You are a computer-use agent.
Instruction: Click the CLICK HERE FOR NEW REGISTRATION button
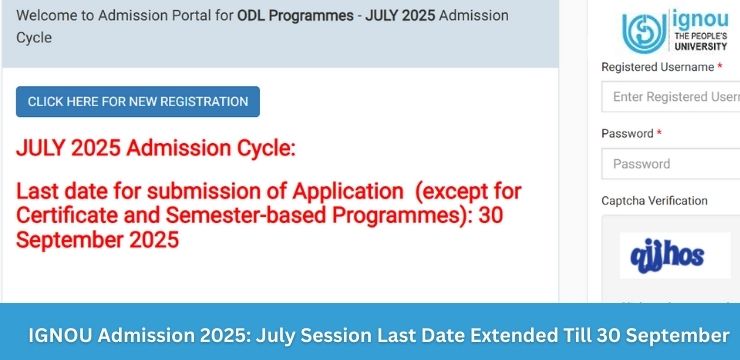[138, 101]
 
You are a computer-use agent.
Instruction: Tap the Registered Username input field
[670, 97]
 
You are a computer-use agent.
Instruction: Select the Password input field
[670, 163]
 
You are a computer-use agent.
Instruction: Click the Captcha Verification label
[654, 201]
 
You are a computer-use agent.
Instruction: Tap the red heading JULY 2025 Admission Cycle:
[156, 149]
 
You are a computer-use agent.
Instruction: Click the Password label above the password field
[627, 133]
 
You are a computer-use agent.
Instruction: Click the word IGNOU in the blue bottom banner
[62, 333]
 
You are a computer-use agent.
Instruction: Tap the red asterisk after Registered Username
[720, 66]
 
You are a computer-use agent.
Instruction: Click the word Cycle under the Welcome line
[33, 37]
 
